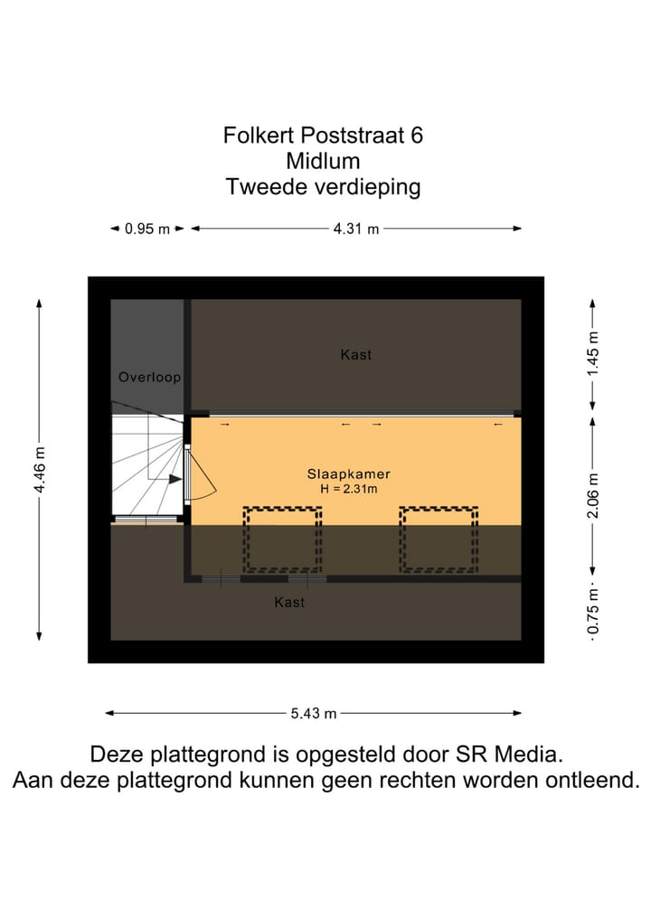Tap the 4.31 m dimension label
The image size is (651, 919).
pos(356,229)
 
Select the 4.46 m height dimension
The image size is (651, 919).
pos(39,470)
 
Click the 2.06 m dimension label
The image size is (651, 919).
pos(593,496)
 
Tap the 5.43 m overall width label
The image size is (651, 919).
pos(314,713)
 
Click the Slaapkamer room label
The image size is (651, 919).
pos(348,474)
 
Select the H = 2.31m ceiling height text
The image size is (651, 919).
pos(348,488)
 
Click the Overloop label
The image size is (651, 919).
pos(149,377)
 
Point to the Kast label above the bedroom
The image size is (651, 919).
pos(355,354)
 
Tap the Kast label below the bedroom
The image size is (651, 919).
pos(289,602)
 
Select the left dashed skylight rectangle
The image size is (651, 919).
pos(282,539)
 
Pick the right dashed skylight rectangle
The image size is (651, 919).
pos(439,539)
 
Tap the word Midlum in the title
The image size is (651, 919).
pos(323,162)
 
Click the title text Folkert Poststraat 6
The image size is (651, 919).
pos(323,136)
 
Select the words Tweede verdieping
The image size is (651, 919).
pos(323,188)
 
